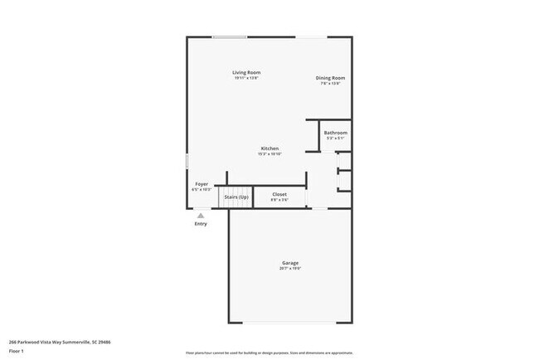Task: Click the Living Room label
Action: [246, 73]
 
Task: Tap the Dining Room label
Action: [330, 78]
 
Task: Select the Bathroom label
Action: [335, 133]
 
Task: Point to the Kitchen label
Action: [269, 148]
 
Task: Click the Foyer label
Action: [202, 183]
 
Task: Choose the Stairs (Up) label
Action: [236, 197]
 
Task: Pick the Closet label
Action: [279, 194]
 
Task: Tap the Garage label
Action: [289, 263]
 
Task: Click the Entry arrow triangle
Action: [200, 215]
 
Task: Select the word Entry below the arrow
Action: [201, 223]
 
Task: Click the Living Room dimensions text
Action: [246, 78]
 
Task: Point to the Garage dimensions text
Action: [289, 268]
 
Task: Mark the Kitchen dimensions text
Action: [269, 153]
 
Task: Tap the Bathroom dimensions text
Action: [335, 138]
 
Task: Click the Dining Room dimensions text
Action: [330, 83]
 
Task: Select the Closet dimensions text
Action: [279, 199]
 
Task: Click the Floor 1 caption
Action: [17, 351]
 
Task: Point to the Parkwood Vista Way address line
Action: [60, 341]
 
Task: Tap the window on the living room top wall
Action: [229, 36]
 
